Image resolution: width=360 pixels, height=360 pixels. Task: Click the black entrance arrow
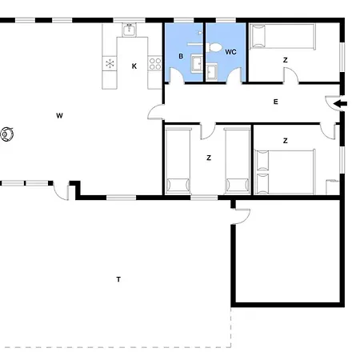(341, 104)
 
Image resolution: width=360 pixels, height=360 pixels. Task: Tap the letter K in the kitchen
(134, 66)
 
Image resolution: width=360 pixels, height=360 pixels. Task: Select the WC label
(230, 52)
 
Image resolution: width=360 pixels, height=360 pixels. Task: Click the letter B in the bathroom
(181, 56)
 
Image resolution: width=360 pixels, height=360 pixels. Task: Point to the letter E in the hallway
(276, 102)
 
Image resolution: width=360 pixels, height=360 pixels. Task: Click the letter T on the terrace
(118, 279)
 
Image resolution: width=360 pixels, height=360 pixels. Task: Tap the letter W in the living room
(59, 116)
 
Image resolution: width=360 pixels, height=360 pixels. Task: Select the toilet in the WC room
(214, 47)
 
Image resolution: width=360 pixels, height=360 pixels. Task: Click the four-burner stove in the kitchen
(155, 64)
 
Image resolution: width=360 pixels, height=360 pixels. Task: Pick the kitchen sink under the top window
(130, 30)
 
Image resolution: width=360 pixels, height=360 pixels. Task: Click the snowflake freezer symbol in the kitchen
(110, 64)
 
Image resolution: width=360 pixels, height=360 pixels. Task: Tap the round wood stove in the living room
(7, 134)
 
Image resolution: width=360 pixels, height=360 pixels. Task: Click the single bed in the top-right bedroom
(282, 37)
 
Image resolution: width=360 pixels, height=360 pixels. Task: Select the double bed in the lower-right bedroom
(285, 171)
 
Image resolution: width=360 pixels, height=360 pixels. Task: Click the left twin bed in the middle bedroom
(178, 161)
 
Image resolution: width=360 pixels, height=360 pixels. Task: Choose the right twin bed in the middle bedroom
(238, 161)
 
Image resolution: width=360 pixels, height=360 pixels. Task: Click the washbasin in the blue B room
(197, 63)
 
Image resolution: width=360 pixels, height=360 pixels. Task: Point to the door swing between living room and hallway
(155, 112)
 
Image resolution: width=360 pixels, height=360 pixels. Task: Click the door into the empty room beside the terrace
(242, 216)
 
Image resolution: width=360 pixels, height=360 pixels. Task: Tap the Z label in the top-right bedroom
(286, 60)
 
